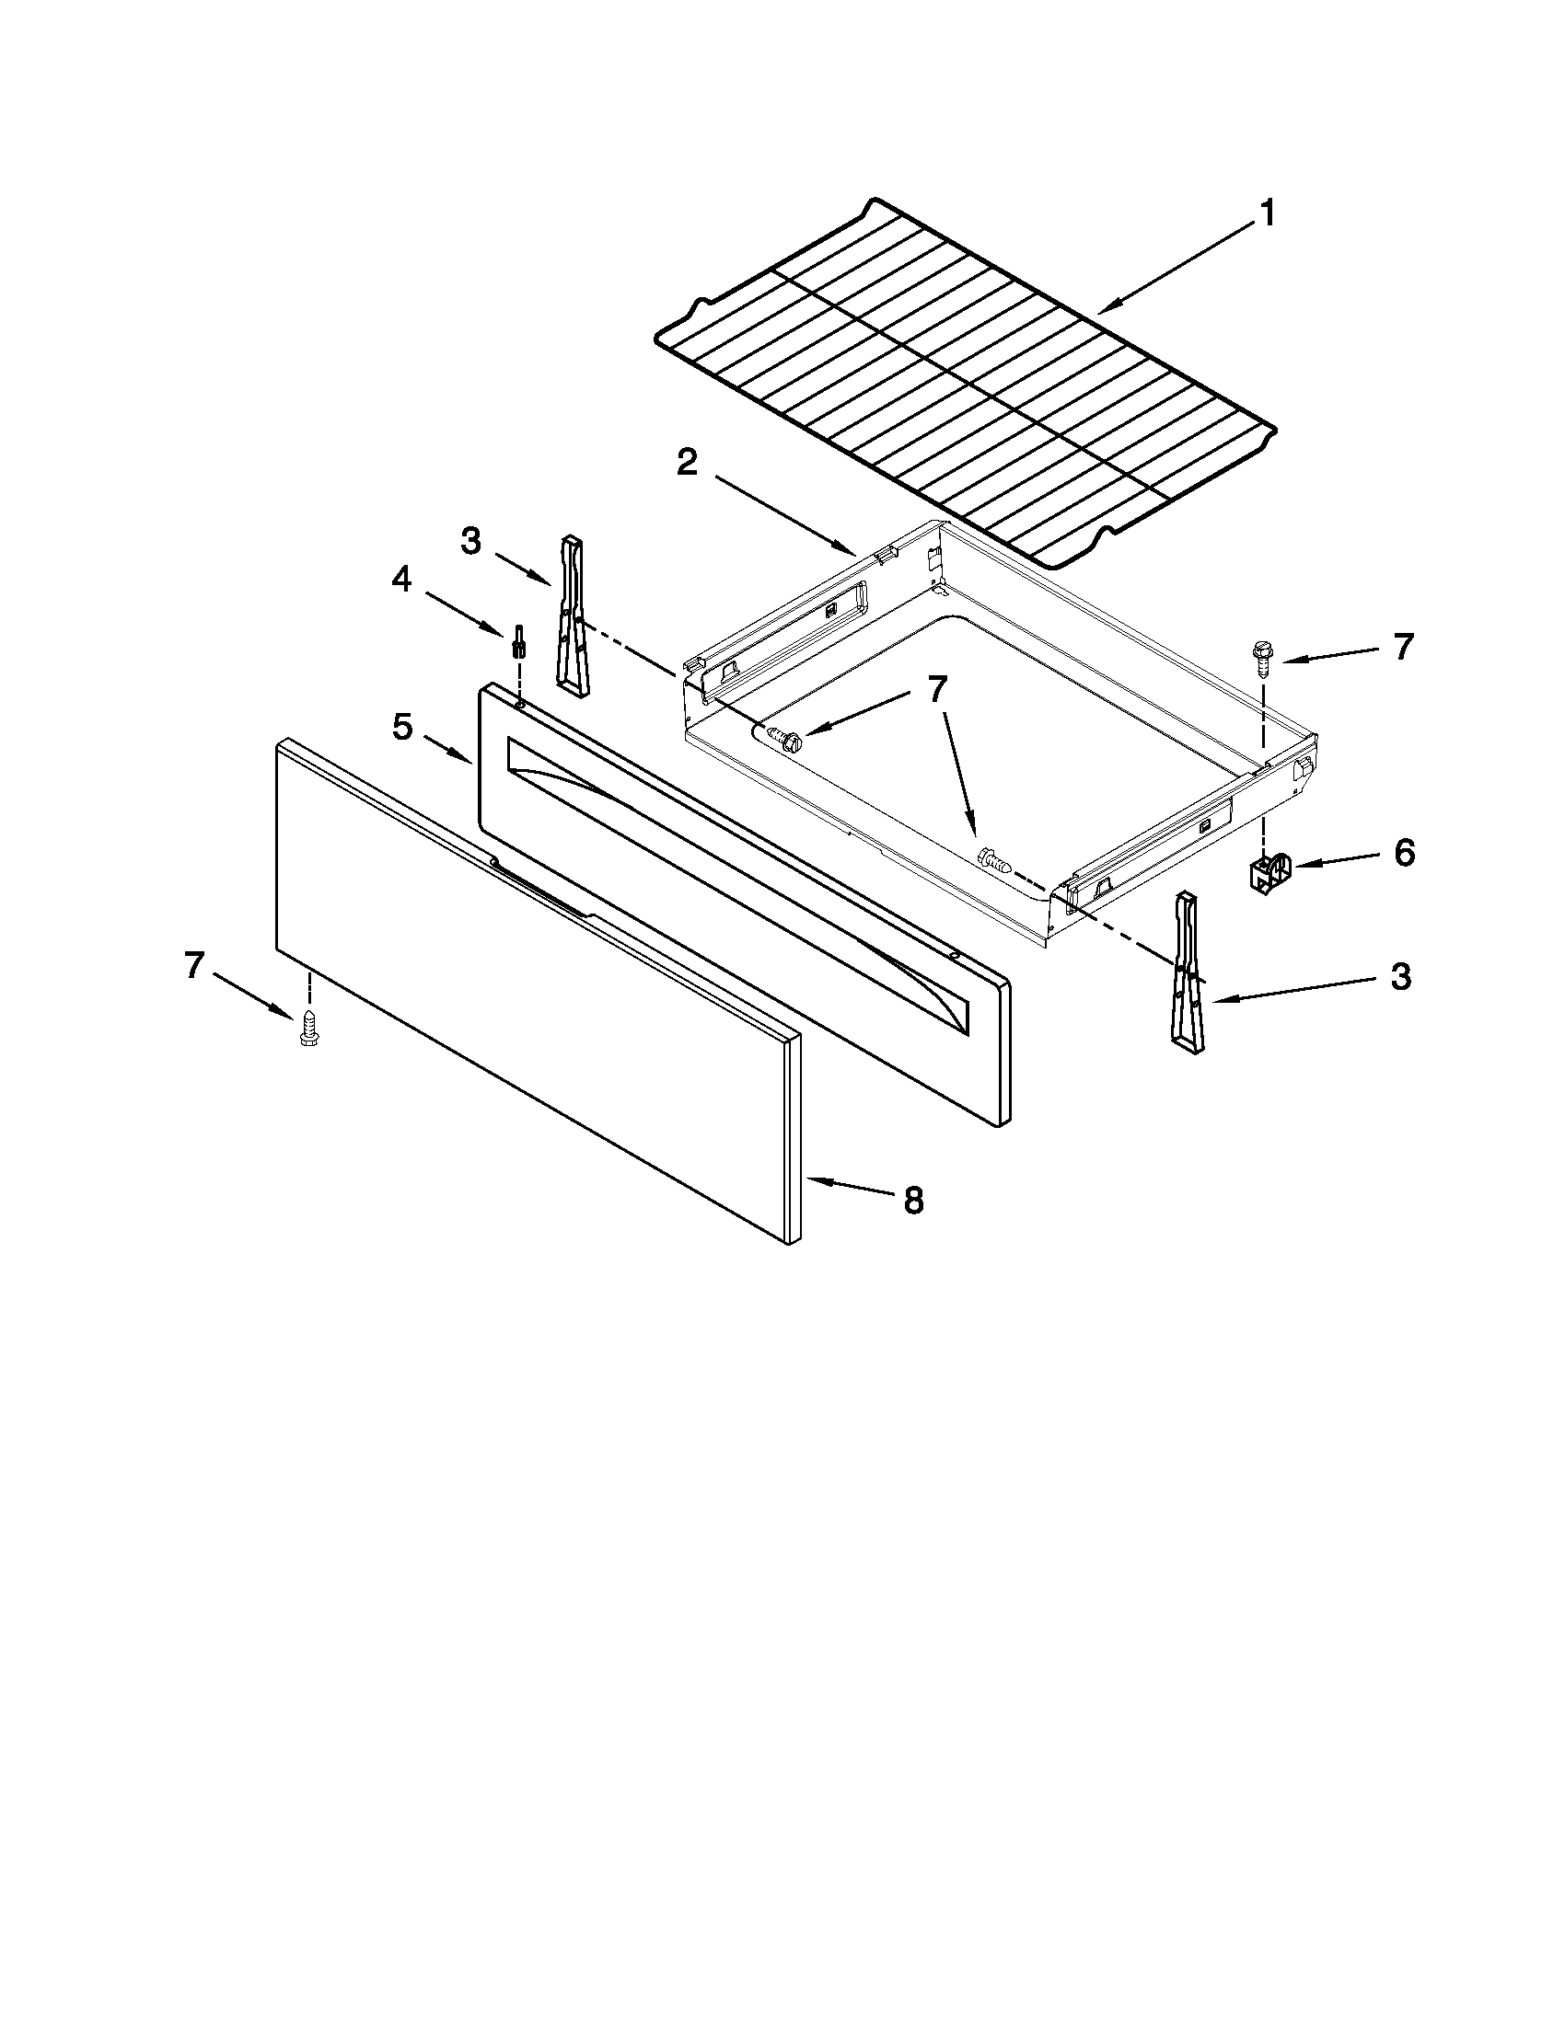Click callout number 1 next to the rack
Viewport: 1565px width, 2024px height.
1266,214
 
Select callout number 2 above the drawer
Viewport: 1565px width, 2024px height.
687,462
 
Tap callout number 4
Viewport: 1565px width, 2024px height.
400,580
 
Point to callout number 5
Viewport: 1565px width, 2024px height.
401,728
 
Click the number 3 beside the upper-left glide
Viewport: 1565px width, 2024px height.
471,541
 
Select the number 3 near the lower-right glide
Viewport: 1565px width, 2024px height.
1400,976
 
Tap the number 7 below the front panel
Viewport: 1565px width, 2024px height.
192,966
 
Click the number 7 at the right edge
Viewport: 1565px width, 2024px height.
1403,647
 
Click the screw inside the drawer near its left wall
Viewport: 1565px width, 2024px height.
783,738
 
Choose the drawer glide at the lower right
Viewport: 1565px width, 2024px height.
1188,973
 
